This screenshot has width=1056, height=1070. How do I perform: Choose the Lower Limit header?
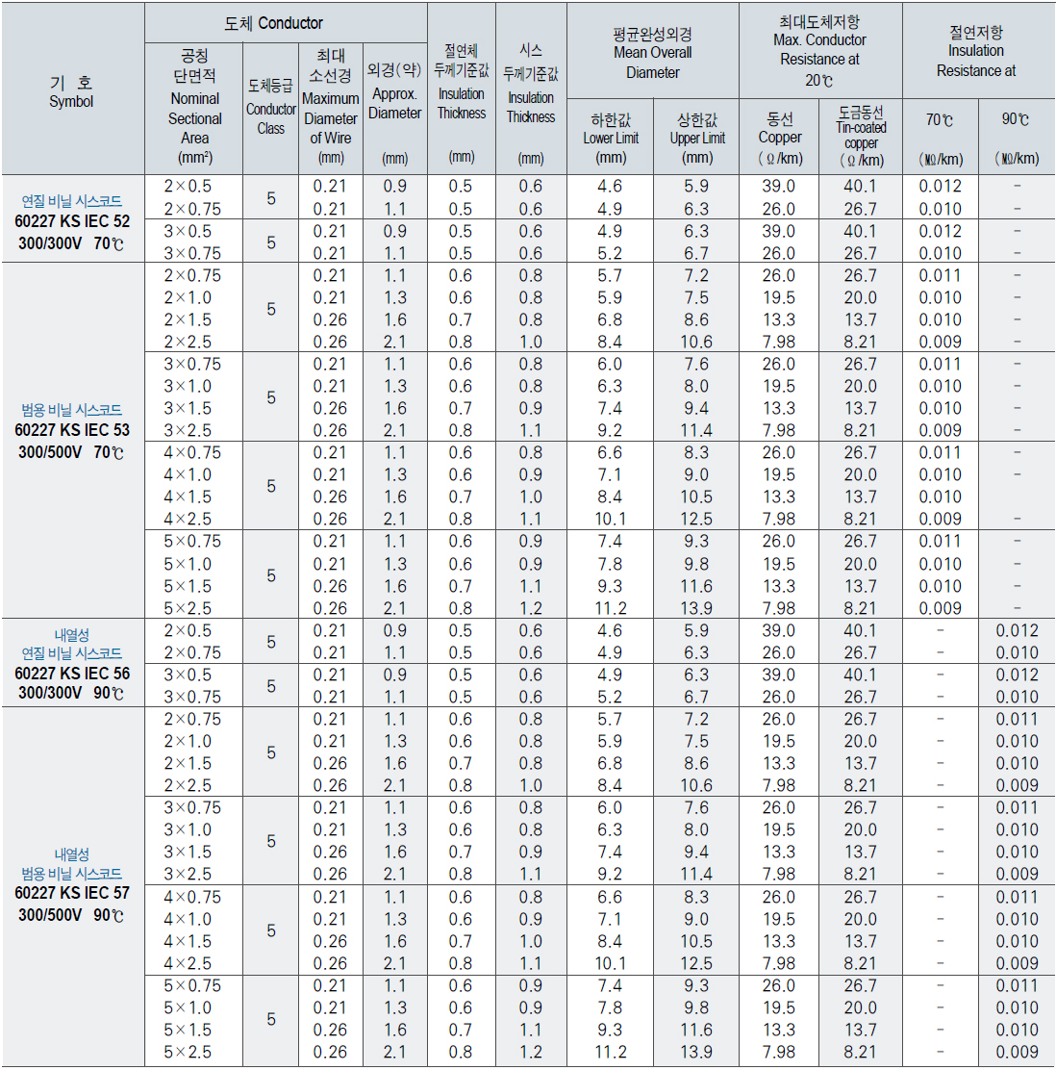pyautogui.click(x=611, y=139)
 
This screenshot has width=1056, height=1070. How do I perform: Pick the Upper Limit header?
pyautogui.click(x=697, y=139)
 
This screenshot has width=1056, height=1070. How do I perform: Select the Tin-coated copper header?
pyautogui.click(x=862, y=136)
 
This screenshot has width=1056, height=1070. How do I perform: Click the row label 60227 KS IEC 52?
pyautogui.click(x=72, y=221)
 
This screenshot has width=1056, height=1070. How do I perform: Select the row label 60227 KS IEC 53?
pyautogui.click(x=72, y=430)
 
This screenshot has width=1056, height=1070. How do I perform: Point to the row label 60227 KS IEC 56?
pyautogui.click(x=72, y=674)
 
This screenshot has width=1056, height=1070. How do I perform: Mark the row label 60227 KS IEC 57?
pyautogui.click(x=72, y=893)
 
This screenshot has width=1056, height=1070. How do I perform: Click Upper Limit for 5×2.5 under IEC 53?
pyautogui.click(x=696, y=608)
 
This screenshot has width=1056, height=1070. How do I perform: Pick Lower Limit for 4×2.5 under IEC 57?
pyautogui.click(x=610, y=963)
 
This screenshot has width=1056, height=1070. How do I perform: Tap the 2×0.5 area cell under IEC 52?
pyautogui.click(x=188, y=186)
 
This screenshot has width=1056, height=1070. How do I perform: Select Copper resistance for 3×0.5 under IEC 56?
pyautogui.click(x=779, y=675)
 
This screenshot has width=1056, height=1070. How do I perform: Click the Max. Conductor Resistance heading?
pyautogui.click(x=820, y=51)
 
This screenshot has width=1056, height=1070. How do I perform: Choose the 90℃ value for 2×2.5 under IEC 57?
pyautogui.click(x=1018, y=785)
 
